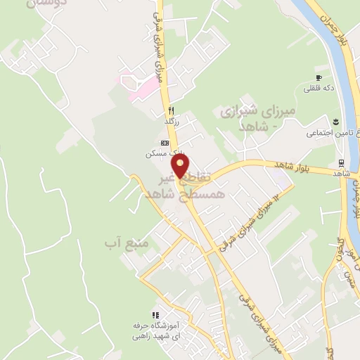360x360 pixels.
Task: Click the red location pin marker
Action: (x=181, y=167)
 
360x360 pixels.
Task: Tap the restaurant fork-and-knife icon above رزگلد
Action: (x=170, y=110)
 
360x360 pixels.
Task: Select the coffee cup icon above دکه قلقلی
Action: (x=319, y=77)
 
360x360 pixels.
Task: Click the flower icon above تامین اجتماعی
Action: (x=337, y=121)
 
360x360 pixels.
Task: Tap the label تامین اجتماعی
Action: (x=331, y=132)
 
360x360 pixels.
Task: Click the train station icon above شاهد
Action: (x=341, y=162)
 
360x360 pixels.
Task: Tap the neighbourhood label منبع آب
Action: (x=120, y=243)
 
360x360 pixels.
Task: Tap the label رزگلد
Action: (x=172, y=122)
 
